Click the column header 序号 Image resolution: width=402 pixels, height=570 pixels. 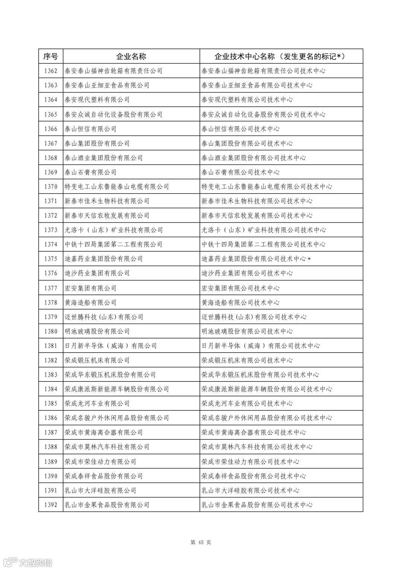pos(51,56)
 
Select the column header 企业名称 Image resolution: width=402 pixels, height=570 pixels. pos(131,56)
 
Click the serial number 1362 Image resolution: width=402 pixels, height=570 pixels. pos(51,71)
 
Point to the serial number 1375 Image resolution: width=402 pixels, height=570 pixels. pos(51,259)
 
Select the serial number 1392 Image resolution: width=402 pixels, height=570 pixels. pos(51,505)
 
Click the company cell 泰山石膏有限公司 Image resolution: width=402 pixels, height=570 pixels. pos(90,172)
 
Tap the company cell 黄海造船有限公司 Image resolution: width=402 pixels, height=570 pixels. pos(90,302)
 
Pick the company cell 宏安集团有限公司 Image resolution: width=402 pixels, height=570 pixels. pos(90,288)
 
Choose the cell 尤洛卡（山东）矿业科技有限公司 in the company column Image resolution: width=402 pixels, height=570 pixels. pos(114,230)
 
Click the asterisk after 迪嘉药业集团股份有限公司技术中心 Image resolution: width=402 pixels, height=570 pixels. pos(309,259)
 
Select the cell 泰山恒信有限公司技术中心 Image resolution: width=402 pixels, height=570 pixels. pos(240,129)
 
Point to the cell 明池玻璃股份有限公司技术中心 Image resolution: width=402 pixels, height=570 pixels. pos(247,331)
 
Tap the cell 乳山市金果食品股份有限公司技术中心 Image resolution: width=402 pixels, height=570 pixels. pos(257,505)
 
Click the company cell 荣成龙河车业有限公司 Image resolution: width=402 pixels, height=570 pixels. pos(97,403)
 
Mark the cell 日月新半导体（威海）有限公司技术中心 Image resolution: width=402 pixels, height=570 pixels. pos(261,346)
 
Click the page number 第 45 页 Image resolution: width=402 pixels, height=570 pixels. pos(201,542)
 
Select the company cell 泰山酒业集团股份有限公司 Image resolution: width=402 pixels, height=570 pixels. pos(103,158)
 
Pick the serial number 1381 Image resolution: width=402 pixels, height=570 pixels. pos(51,346)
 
